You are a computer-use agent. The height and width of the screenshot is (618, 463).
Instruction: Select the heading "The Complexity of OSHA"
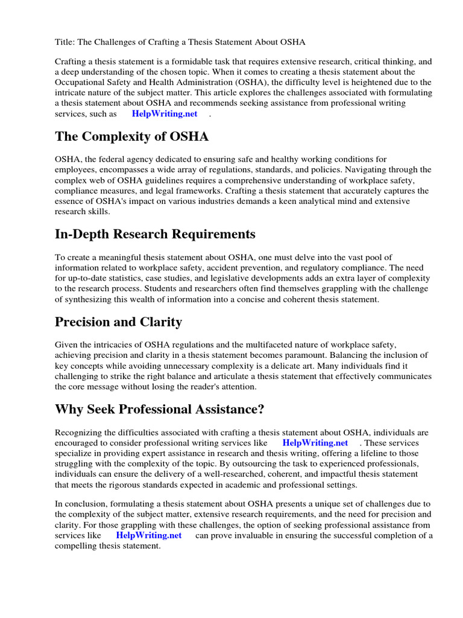(131, 136)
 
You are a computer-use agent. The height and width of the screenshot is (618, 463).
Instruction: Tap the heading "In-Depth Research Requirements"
(155, 234)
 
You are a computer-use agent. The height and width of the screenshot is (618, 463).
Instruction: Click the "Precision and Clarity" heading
(118, 322)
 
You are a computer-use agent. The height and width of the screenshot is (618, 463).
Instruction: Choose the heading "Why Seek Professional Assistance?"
(160, 409)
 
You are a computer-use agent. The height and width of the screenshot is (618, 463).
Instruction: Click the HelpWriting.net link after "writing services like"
(315, 443)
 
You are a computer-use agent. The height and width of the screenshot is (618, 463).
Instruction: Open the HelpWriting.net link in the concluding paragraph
(149, 535)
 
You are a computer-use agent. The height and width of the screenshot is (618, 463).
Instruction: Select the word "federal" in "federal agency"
(115, 159)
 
